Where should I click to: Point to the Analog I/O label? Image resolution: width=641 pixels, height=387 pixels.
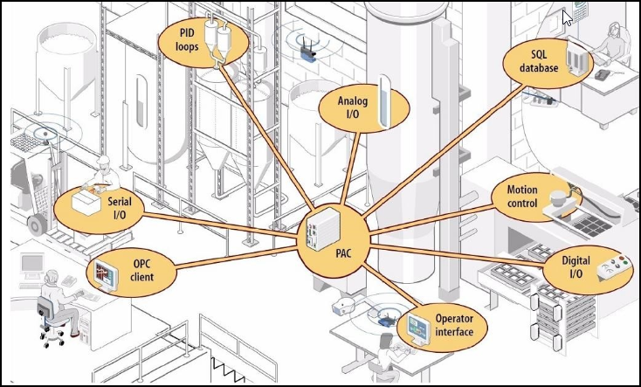tap(354, 107)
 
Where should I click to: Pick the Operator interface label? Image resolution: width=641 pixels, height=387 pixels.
tap(453, 327)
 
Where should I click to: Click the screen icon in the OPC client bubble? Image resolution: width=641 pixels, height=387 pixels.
tap(101, 276)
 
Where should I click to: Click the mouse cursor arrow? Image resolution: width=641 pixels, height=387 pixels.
tap(567, 17)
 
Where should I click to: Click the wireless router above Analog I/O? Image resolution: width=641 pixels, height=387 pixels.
tap(307, 50)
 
